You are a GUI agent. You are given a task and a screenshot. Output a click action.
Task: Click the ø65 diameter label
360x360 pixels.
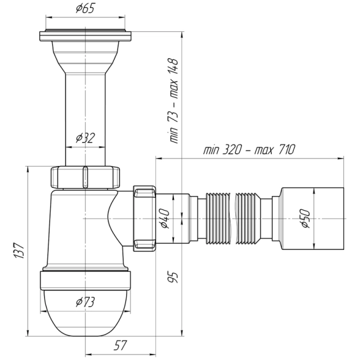click(x=85, y=9)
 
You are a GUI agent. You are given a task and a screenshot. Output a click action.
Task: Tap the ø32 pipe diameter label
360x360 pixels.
click(x=85, y=138)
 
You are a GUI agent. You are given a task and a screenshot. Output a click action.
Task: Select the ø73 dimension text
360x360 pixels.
click(x=85, y=302)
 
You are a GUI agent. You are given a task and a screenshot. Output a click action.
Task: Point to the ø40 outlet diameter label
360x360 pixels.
click(x=165, y=219)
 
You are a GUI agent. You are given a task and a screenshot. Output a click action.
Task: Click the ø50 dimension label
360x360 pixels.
click(x=306, y=219)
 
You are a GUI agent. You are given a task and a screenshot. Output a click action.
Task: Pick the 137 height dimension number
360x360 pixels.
click(x=20, y=250)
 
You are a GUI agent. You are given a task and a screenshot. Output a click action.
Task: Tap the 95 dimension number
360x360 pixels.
click(x=173, y=277)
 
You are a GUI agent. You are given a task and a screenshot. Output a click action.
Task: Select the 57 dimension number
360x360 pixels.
click(x=120, y=345)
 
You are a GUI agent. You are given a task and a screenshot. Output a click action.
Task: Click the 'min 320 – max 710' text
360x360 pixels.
click(x=249, y=150)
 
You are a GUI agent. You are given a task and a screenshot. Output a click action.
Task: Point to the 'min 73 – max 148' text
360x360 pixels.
click(x=174, y=101)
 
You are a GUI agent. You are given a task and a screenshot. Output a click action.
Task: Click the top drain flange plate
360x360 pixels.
click(x=86, y=36)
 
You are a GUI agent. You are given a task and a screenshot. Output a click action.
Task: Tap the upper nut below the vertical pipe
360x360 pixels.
click(x=85, y=177)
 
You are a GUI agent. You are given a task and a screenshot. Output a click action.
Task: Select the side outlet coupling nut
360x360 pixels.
click(x=144, y=219)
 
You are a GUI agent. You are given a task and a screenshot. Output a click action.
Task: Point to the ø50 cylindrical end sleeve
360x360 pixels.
click(x=312, y=219)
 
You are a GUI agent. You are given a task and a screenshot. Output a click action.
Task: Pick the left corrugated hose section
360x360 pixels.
click(x=218, y=219)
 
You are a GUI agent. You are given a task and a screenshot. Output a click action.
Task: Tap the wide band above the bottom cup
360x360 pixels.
click(x=86, y=280)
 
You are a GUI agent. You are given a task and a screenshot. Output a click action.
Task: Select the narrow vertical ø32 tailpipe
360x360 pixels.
click(x=86, y=119)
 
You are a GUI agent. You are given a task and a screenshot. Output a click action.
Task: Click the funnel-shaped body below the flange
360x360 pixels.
click(x=86, y=58)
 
